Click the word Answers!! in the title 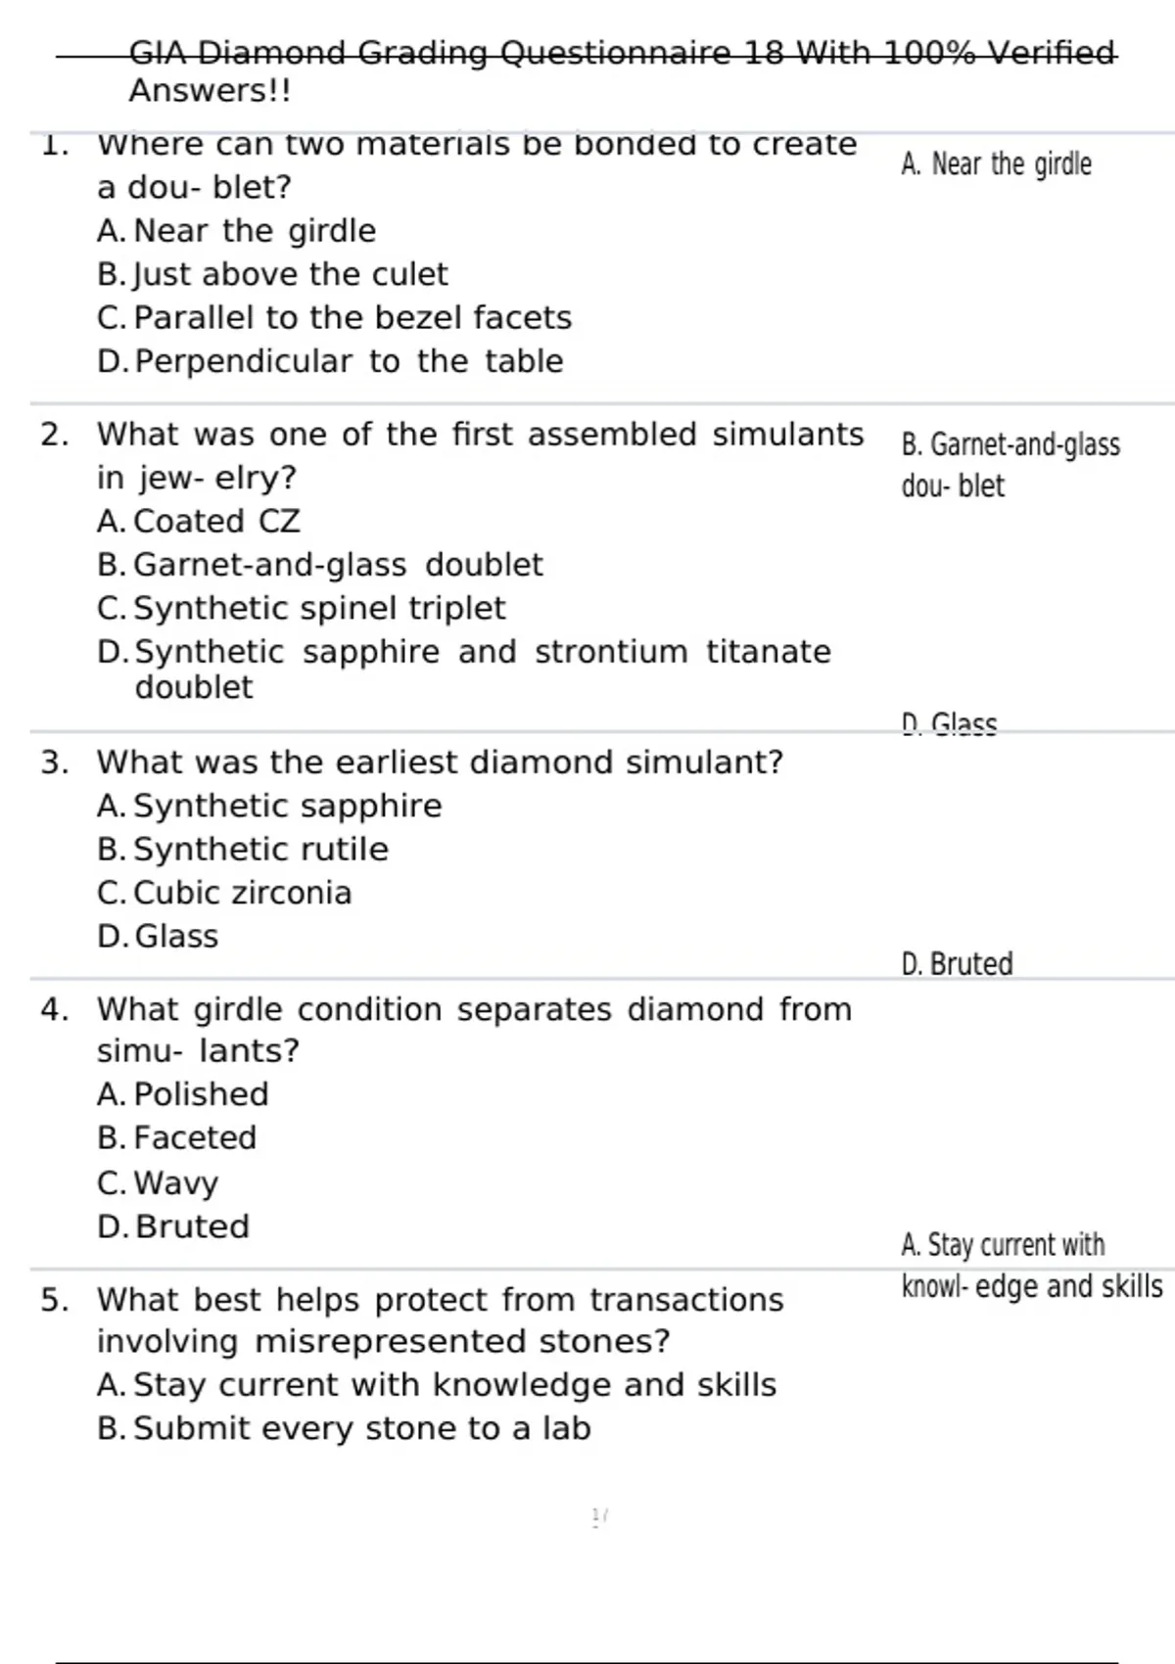click(x=210, y=91)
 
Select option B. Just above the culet click(x=272, y=274)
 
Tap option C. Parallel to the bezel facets click(x=334, y=318)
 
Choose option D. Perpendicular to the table click(x=330, y=361)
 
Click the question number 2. click(x=54, y=435)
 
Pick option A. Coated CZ click(x=199, y=521)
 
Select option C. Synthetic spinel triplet click(x=302, y=608)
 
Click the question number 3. click(x=54, y=763)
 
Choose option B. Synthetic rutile click(x=243, y=850)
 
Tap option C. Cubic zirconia click(x=224, y=893)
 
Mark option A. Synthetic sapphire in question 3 click(x=269, y=806)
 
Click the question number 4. click(x=54, y=1009)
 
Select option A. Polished click(x=183, y=1094)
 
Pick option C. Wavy click(x=158, y=1182)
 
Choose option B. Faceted click(x=177, y=1137)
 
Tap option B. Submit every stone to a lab click(x=344, y=1428)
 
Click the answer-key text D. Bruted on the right click(x=957, y=964)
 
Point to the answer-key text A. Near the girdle click(x=996, y=164)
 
